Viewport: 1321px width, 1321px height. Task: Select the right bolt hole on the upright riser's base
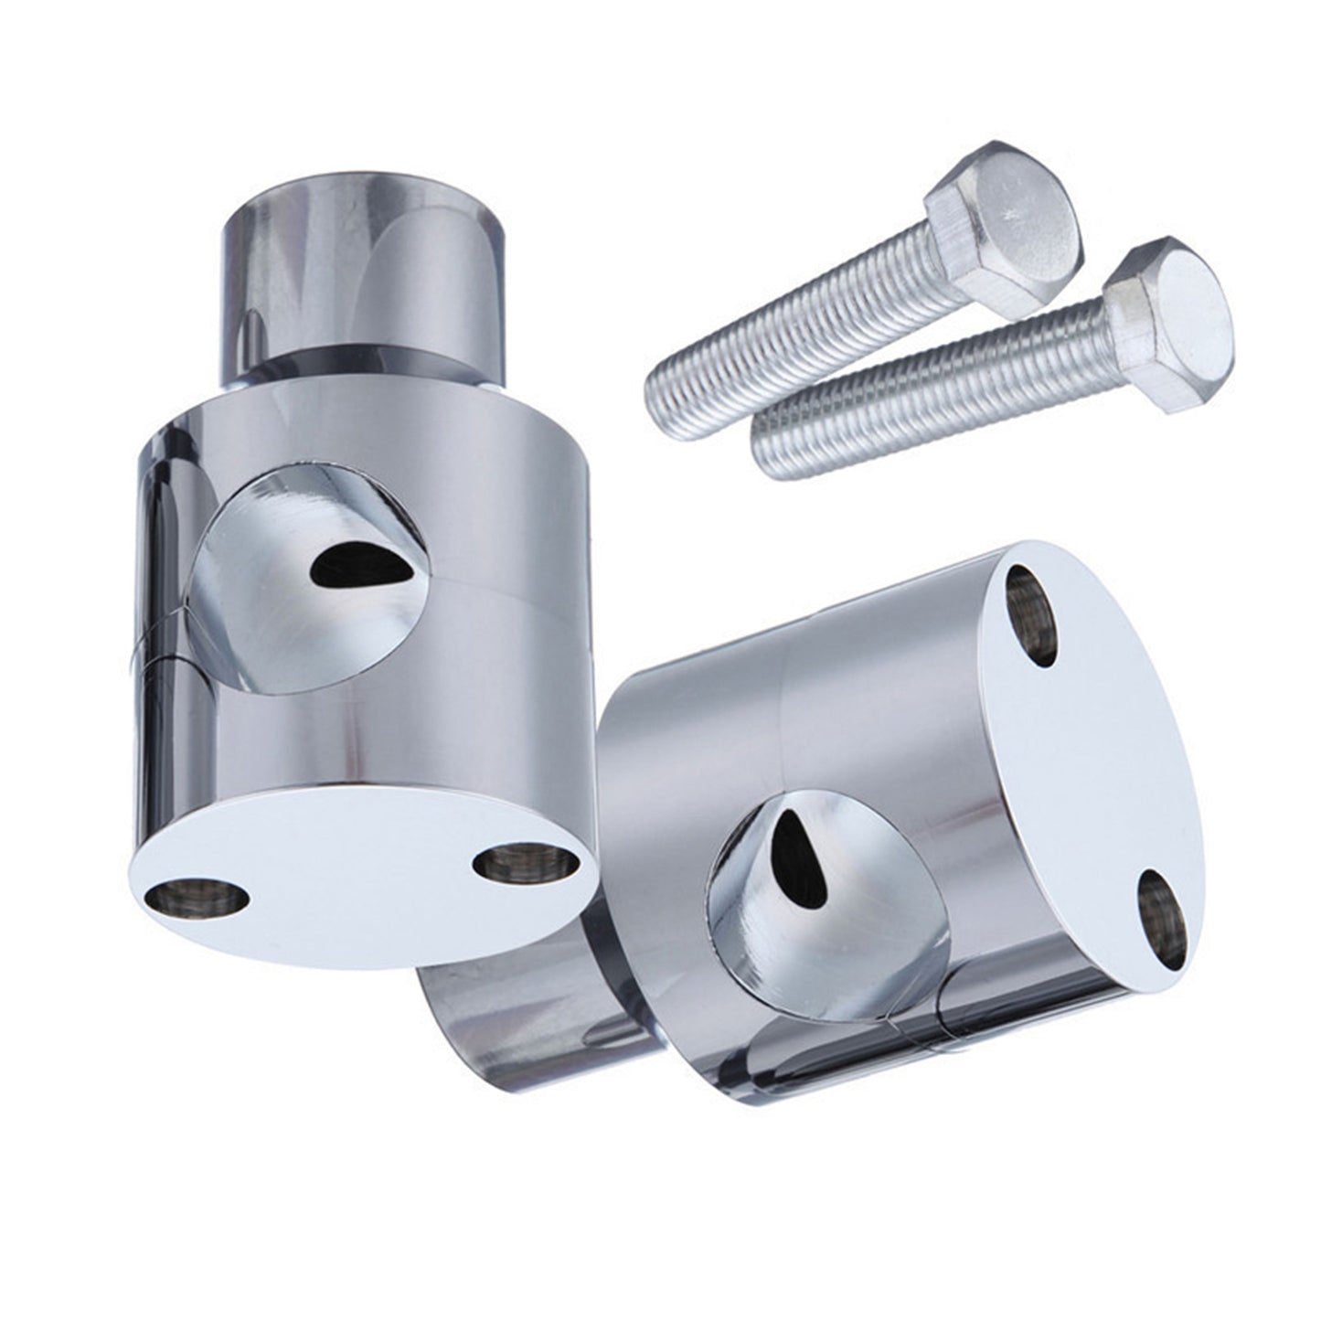(x=525, y=860)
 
